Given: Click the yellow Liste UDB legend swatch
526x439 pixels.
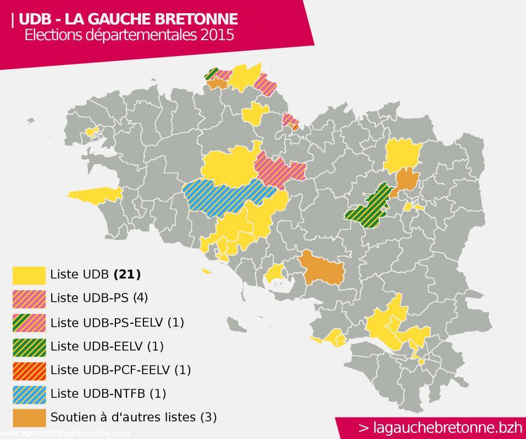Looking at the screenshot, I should tap(29, 274).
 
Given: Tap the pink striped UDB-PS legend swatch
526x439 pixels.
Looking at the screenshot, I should tap(29, 298).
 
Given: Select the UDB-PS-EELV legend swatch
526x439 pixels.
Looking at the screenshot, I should tap(29, 322).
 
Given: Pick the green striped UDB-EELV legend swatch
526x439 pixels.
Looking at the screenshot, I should tap(29, 346).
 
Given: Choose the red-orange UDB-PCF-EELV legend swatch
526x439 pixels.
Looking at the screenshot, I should tap(29, 370).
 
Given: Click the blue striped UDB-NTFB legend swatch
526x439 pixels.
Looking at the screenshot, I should tap(29, 393).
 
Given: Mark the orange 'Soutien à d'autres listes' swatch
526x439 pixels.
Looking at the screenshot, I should tap(29, 417).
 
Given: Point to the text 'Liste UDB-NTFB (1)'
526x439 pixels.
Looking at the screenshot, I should tap(108, 393).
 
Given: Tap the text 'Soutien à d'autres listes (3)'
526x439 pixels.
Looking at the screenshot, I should tap(133, 417).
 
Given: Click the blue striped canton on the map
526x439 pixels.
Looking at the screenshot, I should tap(228, 195).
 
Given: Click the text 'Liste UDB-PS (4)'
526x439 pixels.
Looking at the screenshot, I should tap(99, 298).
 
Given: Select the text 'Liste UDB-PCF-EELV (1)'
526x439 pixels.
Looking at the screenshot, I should tap(120, 370).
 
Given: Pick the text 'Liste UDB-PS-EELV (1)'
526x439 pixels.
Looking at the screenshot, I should tap(117, 322).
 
